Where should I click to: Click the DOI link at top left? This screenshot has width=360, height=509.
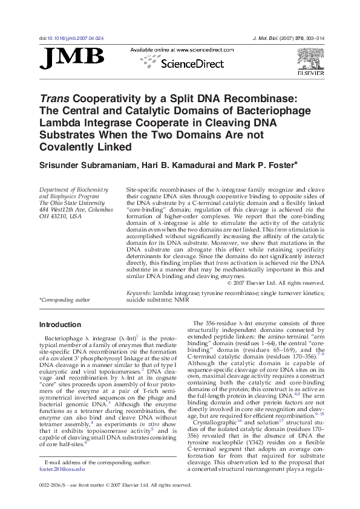coord(71,38)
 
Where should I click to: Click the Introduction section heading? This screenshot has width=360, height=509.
coord(59,325)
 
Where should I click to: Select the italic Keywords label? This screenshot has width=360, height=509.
coord(139,292)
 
